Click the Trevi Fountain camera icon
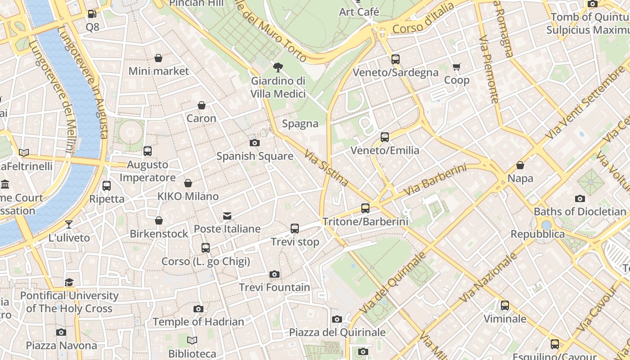tap(274, 274)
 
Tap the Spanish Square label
tap(255, 156)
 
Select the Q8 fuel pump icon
tap(92, 14)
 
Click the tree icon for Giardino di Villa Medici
tap(278, 67)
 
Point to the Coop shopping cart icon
tap(457, 67)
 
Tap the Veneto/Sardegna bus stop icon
tap(396, 59)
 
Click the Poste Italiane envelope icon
tap(227, 216)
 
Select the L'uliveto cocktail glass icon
tap(69, 225)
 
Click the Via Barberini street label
tap(435, 180)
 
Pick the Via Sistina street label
tap(327, 168)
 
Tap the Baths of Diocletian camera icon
tap(580, 198)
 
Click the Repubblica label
tap(537, 234)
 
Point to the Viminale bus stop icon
tap(505, 306)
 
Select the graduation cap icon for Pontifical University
tap(69, 282)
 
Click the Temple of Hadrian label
tap(198, 322)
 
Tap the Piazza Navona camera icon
tap(61, 333)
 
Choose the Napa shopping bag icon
tap(520, 165)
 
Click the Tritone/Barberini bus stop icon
tap(365, 208)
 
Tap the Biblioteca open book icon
tap(192, 341)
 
